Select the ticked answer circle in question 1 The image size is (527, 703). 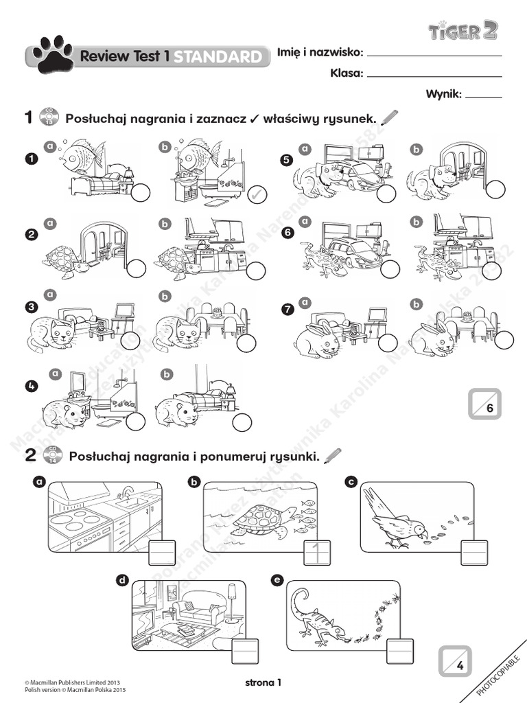256,194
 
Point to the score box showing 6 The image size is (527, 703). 486,404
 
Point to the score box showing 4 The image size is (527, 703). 455,662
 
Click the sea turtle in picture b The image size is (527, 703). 261,520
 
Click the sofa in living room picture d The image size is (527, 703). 198,610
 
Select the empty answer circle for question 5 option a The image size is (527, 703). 386,194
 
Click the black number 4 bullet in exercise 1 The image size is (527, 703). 30,386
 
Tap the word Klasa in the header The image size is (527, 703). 346,73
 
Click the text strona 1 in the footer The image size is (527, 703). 263,682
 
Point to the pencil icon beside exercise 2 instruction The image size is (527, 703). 333,454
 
